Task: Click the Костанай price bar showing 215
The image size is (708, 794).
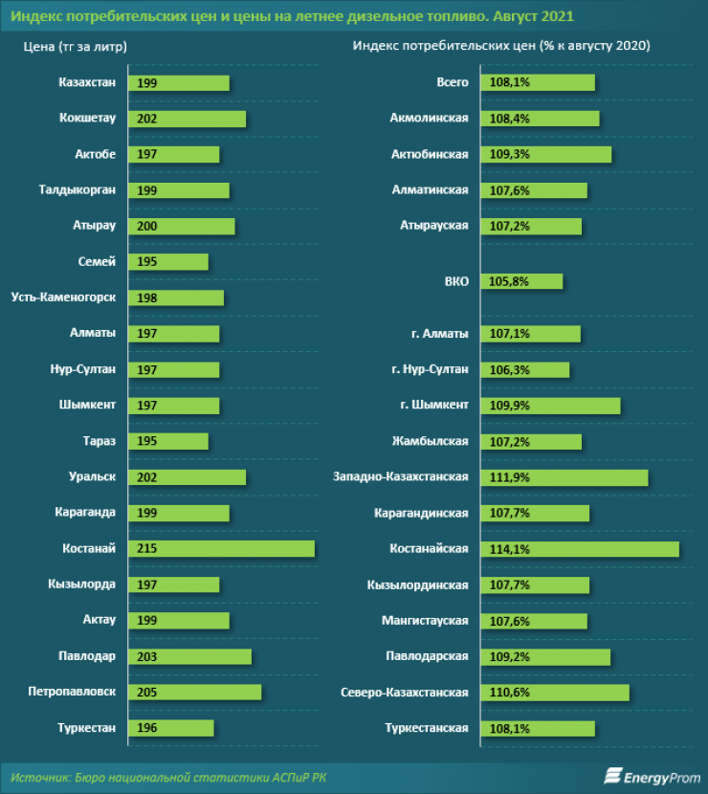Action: [221, 548]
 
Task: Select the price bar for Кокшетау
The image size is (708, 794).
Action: [187, 119]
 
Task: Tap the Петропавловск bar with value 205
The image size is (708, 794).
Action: [194, 692]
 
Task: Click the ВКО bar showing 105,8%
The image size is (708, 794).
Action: [521, 281]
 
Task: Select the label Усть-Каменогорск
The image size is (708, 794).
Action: [65, 298]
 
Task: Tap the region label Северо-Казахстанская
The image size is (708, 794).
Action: [405, 692]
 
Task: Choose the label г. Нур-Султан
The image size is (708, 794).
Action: [430, 369]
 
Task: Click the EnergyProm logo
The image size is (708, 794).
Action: [652, 776]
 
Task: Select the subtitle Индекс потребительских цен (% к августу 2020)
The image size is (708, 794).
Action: [501, 46]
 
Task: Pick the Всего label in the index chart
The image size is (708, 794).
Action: [452, 82]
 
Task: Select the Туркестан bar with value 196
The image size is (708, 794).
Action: [171, 728]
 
